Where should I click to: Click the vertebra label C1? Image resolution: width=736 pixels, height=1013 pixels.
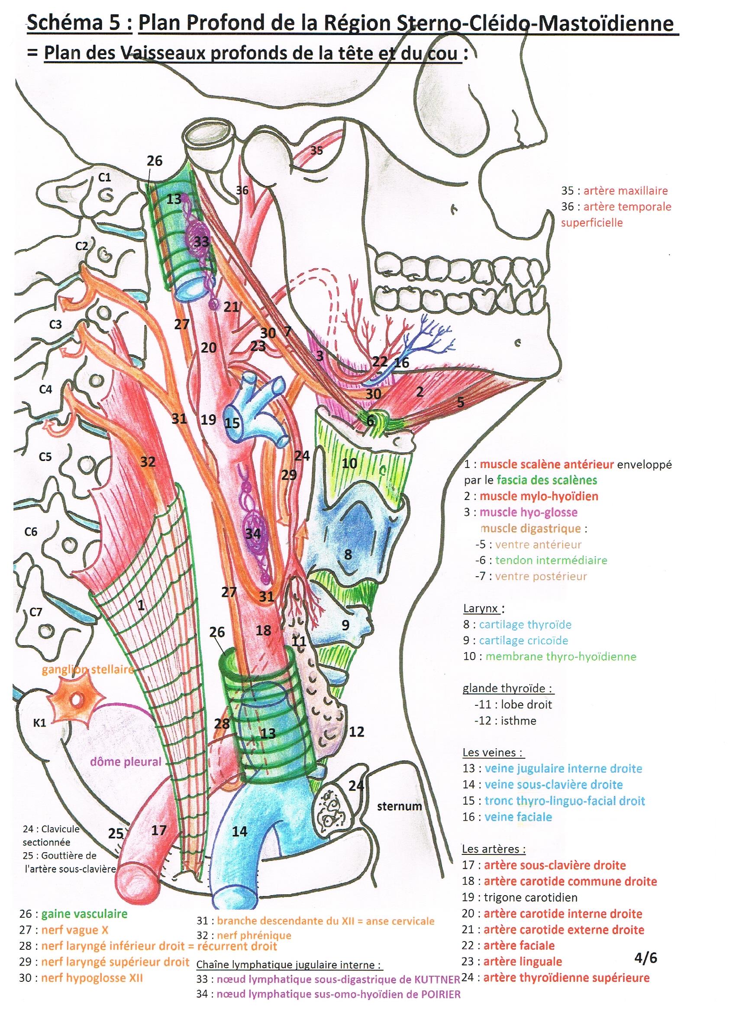click(104, 178)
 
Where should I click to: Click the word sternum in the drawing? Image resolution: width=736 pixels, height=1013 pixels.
click(399, 806)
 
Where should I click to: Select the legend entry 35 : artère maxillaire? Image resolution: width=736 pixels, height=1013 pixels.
click(614, 191)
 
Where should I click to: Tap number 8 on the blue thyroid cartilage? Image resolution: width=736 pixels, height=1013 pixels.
click(348, 555)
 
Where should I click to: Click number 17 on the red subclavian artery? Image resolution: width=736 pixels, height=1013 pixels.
click(159, 830)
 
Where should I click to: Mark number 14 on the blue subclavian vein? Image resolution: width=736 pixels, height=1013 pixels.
click(240, 831)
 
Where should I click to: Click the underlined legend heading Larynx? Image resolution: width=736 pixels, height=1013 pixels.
click(483, 608)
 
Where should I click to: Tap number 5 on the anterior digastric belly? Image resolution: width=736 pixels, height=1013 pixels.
click(460, 403)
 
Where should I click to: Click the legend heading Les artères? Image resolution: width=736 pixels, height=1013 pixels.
click(494, 848)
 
